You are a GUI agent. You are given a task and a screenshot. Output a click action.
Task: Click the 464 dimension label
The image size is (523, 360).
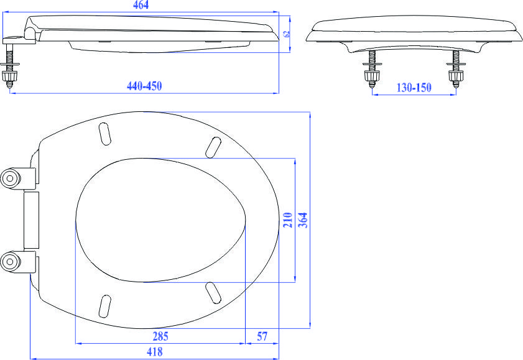click(x=141, y=5)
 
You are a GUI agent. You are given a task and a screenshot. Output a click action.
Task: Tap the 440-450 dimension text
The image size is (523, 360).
click(x=144, y=86)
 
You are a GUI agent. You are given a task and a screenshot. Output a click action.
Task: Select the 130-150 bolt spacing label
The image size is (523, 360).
click(x=414, y=88)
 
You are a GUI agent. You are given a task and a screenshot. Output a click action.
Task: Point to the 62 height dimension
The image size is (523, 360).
click(x=287, y=34)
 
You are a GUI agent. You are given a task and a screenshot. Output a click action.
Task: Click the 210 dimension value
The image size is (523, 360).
click(x=288, y=220)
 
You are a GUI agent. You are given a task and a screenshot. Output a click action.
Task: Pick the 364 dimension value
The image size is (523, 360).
click(x=303, y=220)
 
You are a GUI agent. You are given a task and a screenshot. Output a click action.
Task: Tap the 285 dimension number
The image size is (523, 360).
click(x=160, y=336)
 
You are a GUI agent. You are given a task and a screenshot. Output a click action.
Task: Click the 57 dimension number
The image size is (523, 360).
click(x=262, y=336)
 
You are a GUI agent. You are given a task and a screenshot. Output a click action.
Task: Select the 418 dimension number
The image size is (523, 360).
click(x=154, y=351)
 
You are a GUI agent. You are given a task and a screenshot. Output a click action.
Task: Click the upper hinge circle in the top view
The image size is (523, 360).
click(x=10, y=178)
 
